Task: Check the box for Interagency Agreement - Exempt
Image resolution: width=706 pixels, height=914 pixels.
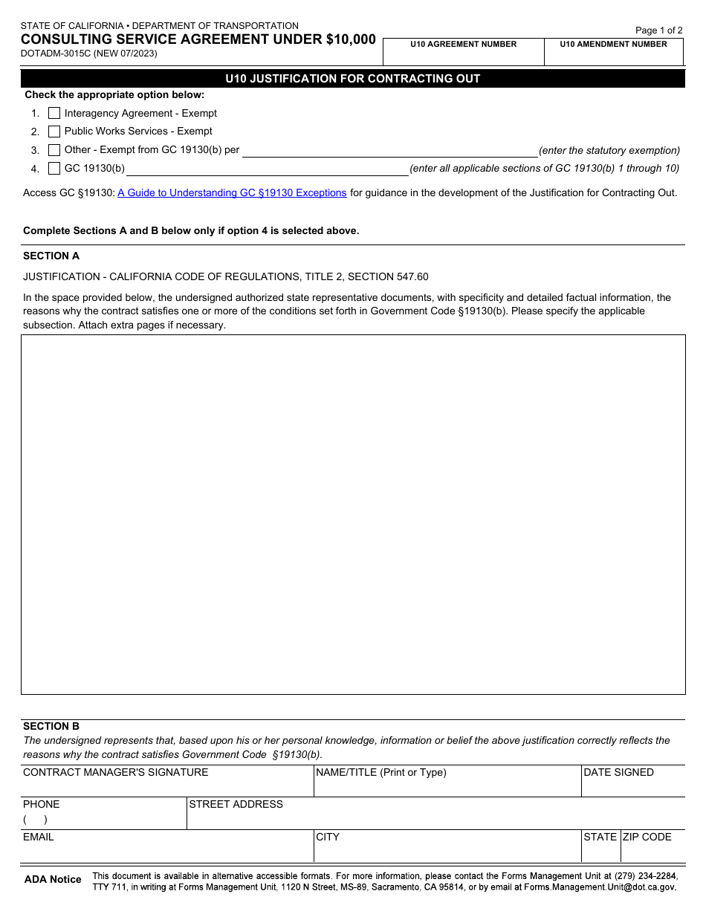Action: point(54,114)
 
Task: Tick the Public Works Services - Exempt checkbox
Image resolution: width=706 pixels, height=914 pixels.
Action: point(54,132)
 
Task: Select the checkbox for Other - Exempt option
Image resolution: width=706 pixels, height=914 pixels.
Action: point(54,150)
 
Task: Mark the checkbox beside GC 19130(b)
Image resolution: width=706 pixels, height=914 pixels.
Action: point(54,169)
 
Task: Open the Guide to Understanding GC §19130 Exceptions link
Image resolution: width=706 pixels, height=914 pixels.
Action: point(232,193)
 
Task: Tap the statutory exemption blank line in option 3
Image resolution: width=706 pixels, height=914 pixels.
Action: point(389,151)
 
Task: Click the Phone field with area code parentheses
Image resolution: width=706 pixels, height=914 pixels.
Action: point(104,820)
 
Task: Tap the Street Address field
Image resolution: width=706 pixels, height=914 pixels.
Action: point(435,818)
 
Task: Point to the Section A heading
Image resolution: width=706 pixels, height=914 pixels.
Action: point(51,256)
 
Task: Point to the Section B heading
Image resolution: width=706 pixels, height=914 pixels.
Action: point(51,727)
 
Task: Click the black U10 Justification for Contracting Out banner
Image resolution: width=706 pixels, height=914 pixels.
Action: point(353,79)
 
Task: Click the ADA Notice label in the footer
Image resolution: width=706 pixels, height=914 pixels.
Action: point(53,880)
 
